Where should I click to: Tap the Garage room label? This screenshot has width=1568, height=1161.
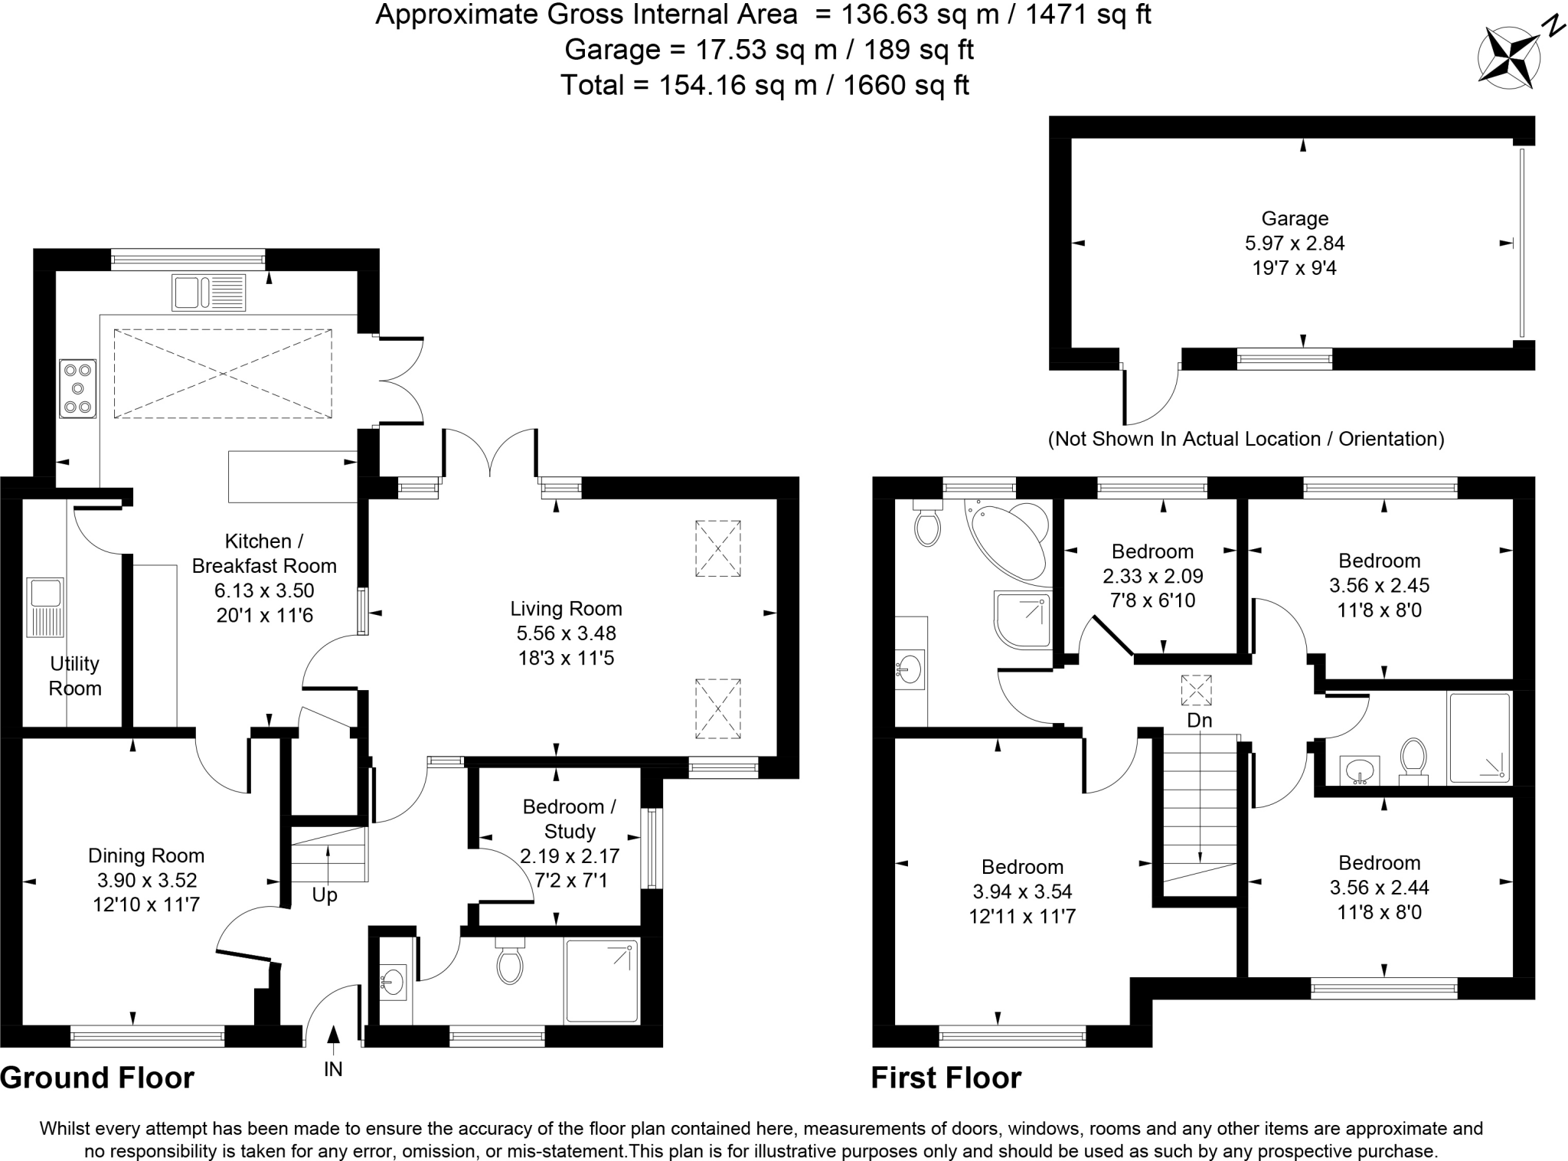(x=1295, y=219)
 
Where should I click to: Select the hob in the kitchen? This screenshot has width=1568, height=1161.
(x=77, y=388)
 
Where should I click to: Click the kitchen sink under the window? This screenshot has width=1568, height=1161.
(x=208, y=293)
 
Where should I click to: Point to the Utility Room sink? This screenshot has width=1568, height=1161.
(x=44, y=607)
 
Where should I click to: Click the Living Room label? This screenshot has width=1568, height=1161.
(x=566, y=609)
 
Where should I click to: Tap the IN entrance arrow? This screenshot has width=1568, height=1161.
(x=333, y=1035)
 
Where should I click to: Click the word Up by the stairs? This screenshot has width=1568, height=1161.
(x=325, y=894)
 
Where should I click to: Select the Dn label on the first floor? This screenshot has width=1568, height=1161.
(x=1199, y=721)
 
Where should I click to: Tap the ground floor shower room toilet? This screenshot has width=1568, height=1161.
(x=509, y=963)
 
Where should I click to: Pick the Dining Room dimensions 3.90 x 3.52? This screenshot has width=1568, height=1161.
(x=145, y=880)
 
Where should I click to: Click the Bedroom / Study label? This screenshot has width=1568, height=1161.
(x=569, y=819)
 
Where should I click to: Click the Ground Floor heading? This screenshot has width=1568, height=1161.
(x=97, y=1078)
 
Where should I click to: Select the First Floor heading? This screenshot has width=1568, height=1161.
(x=946, y=1078)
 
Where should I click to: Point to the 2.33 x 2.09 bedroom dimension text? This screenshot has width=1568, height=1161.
(x=1152, y=576)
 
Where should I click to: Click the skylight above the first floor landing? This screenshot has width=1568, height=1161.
(x=1196, y=690)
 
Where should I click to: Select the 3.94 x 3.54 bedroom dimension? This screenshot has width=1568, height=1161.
(x=1022, y=891)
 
